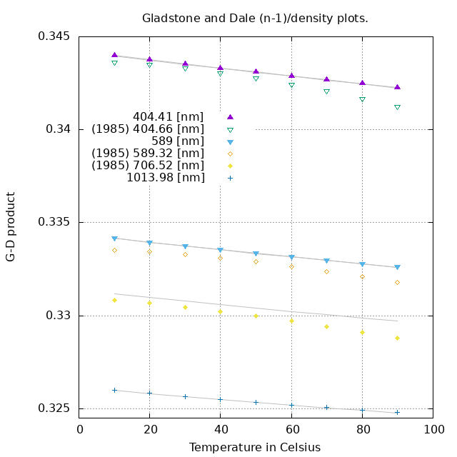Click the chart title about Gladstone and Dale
pos(255,18)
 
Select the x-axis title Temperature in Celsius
pos(255,447)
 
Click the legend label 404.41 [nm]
pos(168,116)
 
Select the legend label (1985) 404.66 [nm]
pos(148,129)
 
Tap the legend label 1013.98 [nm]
pos(165,178)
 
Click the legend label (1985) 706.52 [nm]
pos(148,166)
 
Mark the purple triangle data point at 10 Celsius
pos(114,55)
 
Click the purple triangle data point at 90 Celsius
pos(397,87)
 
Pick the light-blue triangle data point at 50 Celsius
pos(256,253)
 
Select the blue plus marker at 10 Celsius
pos(114,390)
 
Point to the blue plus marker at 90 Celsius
pos(397,412)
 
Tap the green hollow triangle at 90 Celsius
pos(397,108)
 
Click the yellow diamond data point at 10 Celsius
pos(114,300)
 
